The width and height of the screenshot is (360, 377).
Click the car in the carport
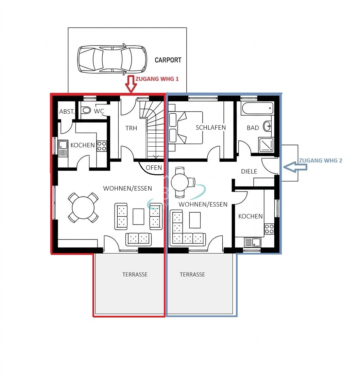click(x=112, y=59)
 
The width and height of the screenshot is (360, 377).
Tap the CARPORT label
click(x=168, y=60)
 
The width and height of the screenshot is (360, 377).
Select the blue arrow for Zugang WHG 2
click(x=295, y=167)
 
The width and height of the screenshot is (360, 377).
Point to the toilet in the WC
click(x=86, y=110)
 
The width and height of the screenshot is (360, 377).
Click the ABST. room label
click(x=67, y=112)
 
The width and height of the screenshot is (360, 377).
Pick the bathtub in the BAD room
click(x=258, y=109)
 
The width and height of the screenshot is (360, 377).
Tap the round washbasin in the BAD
click(x=267, y=126)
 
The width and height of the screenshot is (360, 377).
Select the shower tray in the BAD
click(x=266, y=145)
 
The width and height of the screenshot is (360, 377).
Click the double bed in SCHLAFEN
click(x=185, y=128)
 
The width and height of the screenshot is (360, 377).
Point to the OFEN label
click(x=154, y=168)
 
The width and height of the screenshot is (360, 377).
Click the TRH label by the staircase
click(x=131, y=128)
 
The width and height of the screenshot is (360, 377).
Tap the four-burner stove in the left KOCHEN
click(x=102, y=146)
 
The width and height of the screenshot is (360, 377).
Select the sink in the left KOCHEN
click(x=63, y=149)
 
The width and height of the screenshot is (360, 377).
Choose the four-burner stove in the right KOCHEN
click(x=269, y=229)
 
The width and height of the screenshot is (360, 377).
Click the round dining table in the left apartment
click(x=83, y=208)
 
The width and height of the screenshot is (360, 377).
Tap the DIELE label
click(x=249, y=171)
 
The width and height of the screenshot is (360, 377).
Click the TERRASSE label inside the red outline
click(x=135, y=275)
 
